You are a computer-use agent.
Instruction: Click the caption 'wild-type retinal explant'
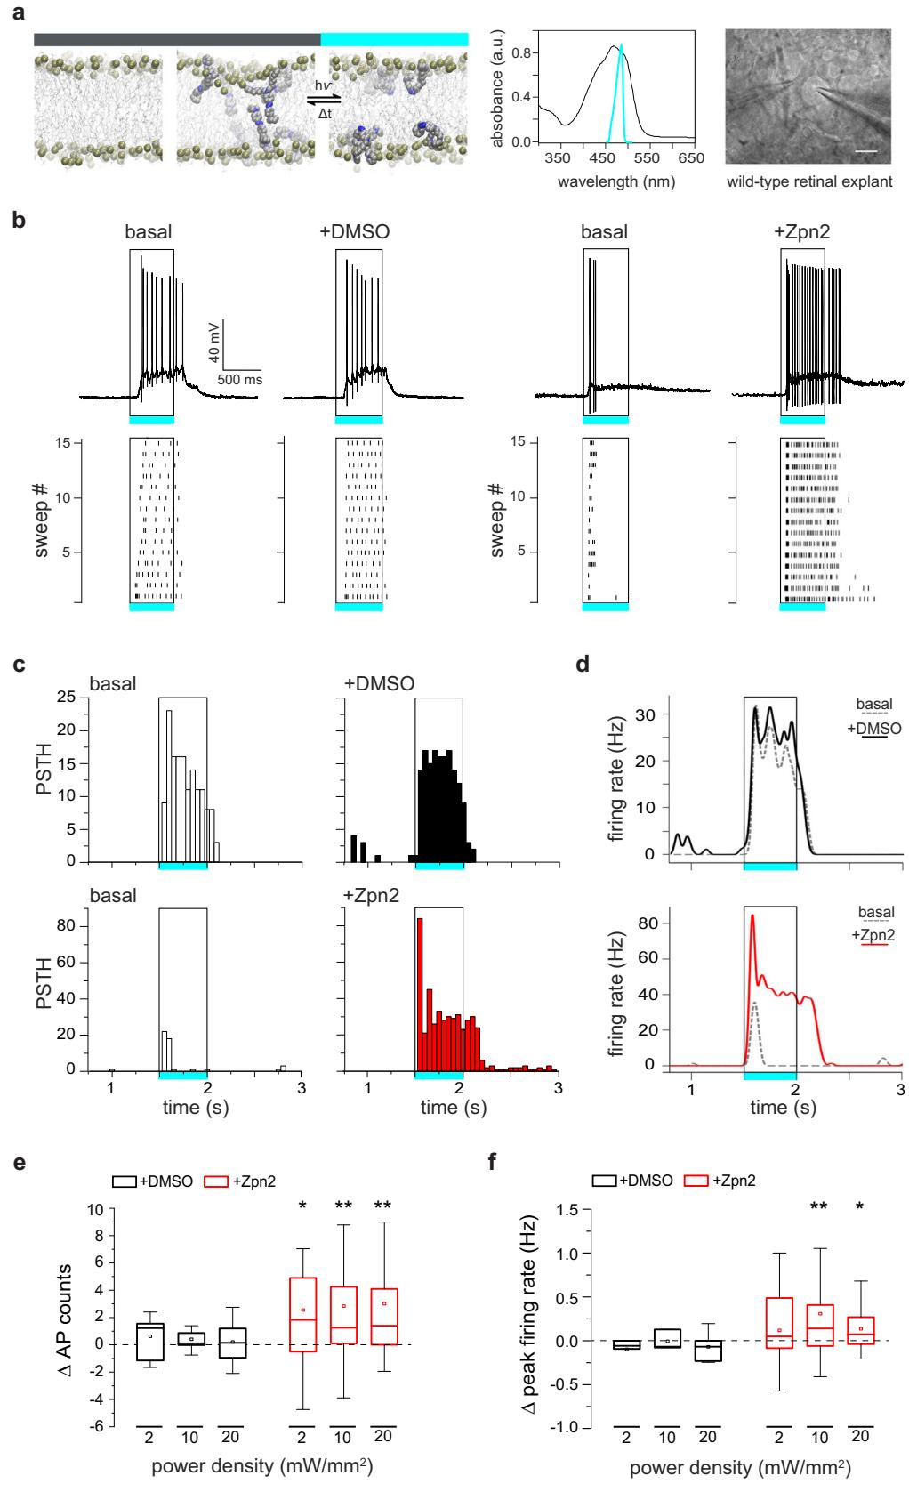(x=808, y=184)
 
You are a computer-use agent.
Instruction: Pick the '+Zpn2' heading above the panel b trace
(x=800, y=233)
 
